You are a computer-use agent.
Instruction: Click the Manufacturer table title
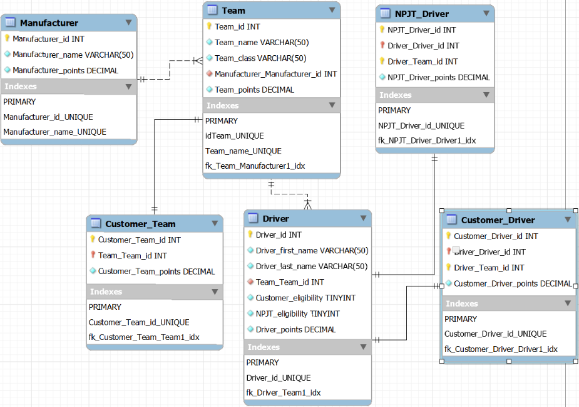coord(49,23)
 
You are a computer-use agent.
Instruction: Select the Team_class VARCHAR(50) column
coord(260,58)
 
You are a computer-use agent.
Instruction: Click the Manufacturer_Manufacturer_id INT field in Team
coord(275,74)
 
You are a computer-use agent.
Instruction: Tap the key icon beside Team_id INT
coord(210,26)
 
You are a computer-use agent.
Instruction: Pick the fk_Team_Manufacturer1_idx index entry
coord(255,166)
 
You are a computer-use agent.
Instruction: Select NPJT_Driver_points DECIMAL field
coord(438,78)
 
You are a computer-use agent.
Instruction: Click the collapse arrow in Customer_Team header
coord(215,223)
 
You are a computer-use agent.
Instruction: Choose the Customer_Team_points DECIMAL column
coord(156,272)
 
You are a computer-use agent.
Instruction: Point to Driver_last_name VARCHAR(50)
coord(311,267)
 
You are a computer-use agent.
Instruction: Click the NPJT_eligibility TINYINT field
coord(297,314)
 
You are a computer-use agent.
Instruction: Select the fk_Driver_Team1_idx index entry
coord(283,393)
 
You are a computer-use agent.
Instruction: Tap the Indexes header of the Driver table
coord(264,347)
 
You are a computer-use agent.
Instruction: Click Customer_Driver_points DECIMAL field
coord(512,283)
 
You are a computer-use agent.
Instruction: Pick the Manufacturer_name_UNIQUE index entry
coord(54,132)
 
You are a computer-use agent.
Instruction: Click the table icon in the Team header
coord(212,10)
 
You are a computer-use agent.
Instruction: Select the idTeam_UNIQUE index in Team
coord(235,136)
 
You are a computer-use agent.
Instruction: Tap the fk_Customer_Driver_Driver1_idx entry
coord(501,349)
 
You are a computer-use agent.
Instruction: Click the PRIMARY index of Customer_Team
coord(105,307)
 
